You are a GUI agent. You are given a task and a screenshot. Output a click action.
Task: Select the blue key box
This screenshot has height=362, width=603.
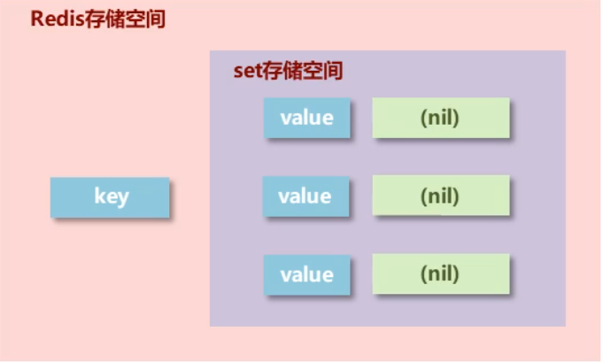point(111,196)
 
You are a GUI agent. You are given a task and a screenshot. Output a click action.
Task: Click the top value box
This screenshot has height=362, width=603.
point(306,118)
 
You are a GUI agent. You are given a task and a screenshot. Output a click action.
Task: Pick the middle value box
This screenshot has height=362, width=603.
point(306,196)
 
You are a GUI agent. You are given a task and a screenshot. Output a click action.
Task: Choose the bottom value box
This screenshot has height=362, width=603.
point(306,274)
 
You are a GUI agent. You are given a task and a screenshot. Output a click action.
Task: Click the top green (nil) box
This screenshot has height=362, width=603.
point(440,118)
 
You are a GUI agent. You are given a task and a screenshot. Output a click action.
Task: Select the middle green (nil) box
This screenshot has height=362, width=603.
point(440,196)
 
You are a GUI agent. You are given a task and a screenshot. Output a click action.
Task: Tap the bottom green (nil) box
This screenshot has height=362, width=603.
point(440,273)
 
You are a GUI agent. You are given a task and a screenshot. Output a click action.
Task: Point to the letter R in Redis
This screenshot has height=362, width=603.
point(38,19)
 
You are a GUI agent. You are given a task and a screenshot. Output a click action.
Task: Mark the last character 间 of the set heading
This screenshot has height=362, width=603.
point(332,72)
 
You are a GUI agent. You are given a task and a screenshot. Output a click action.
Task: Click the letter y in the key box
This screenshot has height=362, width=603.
point(122,197)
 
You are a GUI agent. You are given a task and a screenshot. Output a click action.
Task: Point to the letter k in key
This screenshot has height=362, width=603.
point(99,196)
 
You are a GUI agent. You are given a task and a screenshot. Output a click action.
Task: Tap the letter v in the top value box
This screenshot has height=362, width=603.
point(284,119)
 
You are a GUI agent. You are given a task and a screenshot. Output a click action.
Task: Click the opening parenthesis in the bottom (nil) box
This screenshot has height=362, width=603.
point(423,274)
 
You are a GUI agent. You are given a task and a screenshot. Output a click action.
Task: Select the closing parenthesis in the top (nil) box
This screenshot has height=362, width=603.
point(457,118)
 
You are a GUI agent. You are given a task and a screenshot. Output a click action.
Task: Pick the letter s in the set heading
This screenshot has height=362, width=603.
point(237,73)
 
